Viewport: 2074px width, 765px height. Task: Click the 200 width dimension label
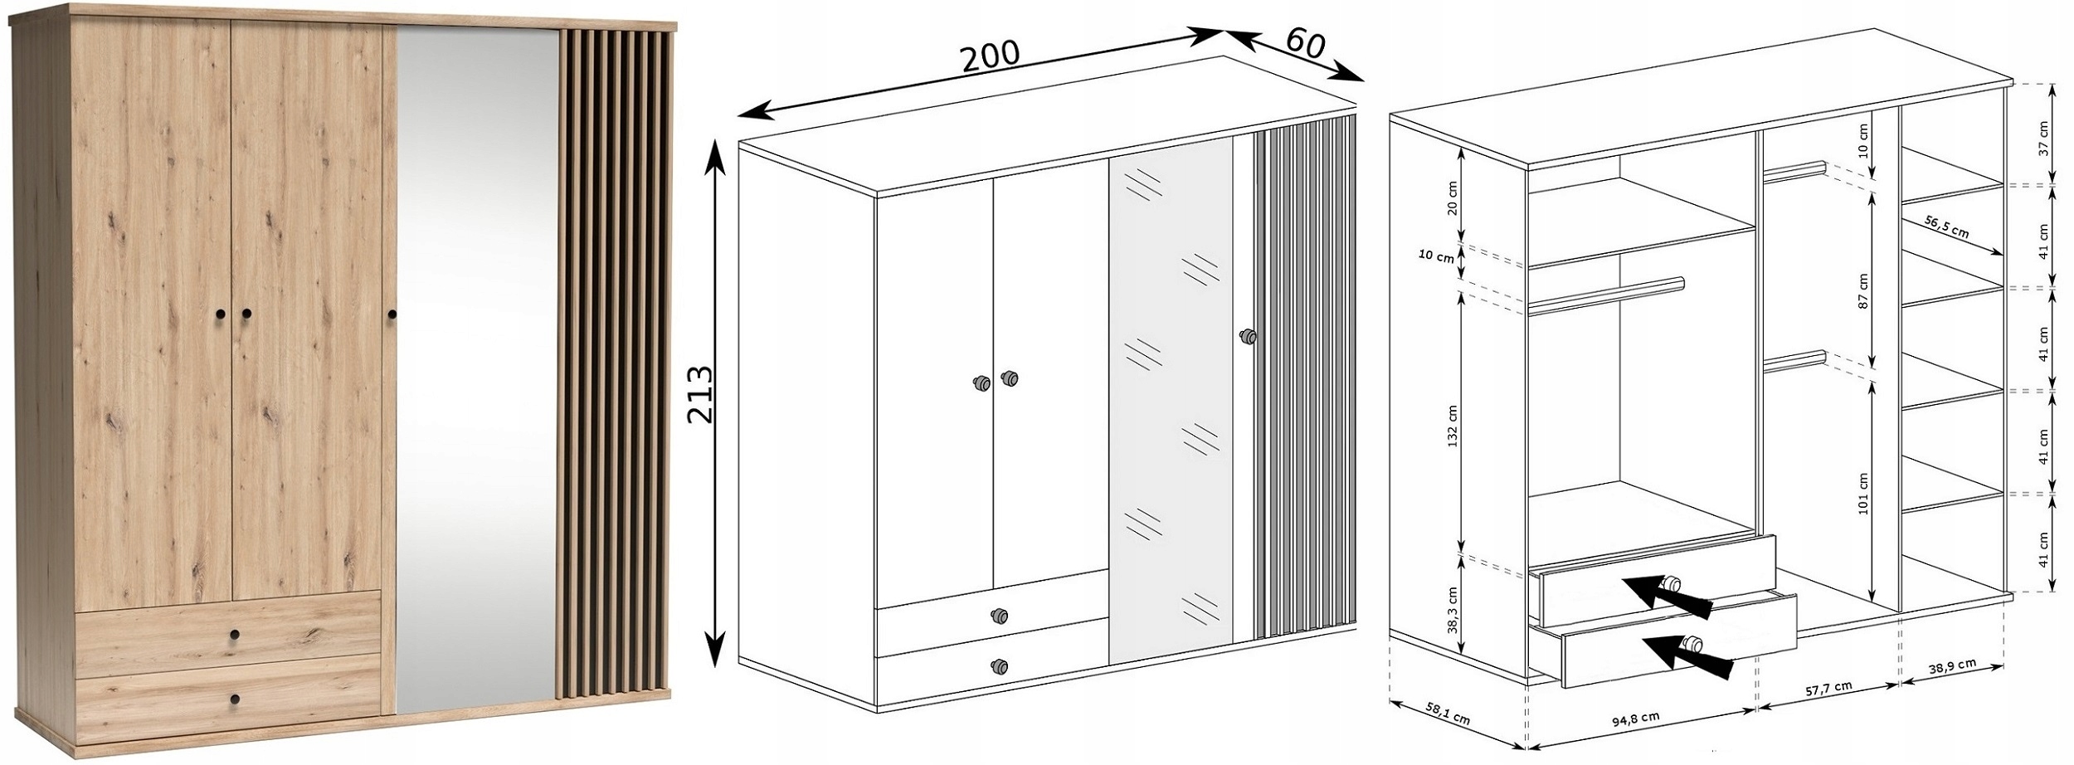(x=990, y=56)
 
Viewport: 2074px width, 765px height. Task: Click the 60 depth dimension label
(x=1306, y=43)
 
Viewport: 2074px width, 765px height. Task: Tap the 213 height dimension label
(x=701, y=394)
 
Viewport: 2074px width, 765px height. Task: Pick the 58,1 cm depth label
(x=1447, y=714)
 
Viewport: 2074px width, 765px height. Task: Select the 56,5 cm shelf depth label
(x=1947, y=228)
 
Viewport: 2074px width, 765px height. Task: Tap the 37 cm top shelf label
(x=2042, y=139)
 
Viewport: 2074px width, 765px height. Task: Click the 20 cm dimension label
(x=1452, y=197)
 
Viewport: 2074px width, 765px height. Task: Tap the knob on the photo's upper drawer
(x=235, y=634)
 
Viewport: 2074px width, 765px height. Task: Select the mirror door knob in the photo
(x=392, y=314)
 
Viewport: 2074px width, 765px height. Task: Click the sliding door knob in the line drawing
(x=1245, y=337)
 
